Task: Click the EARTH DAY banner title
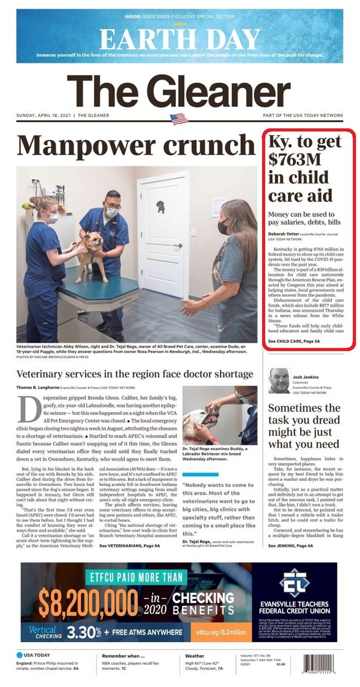180,39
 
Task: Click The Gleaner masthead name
179,91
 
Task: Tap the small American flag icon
179,119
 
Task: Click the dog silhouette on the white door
160,207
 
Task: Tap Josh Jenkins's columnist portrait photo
279,380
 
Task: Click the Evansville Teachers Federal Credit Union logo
294,582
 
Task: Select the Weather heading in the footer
195,656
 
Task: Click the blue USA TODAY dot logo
20,655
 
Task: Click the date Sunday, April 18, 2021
45,116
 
